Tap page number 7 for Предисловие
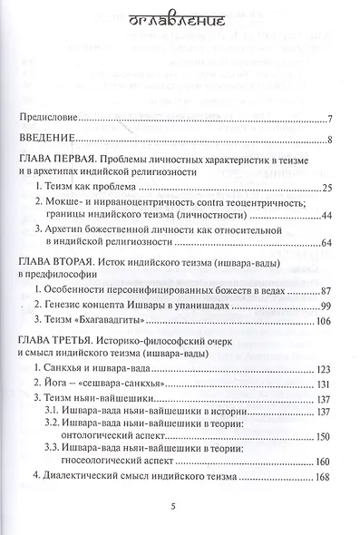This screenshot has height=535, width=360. pyautogui.click(x=332, y=119)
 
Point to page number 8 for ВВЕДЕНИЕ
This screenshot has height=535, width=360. pyautogui.click(x=332, y=140)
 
